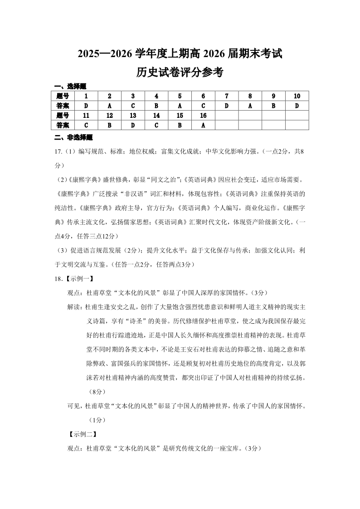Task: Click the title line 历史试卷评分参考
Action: [180, 73]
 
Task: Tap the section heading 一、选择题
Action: [70, 86]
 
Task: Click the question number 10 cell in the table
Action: [297, 96]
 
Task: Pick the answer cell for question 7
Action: [227, 106]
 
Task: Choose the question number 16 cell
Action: [203, 116]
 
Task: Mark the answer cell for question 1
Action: [86, 106]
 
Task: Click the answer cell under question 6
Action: [203, 106]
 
